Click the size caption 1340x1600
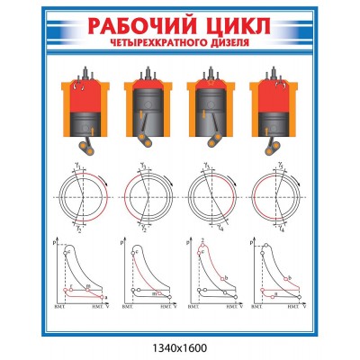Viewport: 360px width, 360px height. point(180,346)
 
